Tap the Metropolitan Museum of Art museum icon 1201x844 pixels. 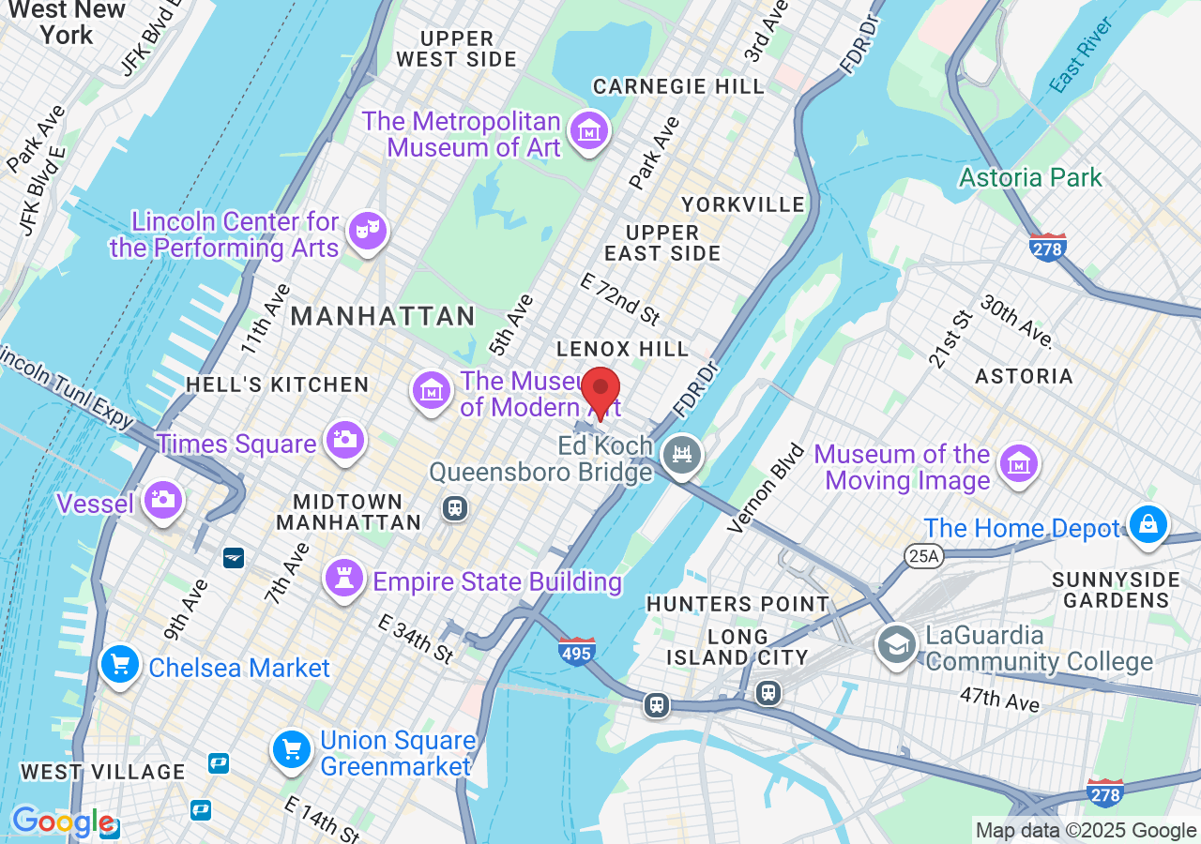pos(589,131)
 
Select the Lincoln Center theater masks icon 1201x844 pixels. pos(367,231)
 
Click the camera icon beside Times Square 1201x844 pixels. pos(344,440)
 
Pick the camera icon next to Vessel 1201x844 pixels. pos(163,499)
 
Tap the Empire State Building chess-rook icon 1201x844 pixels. pos(344,578)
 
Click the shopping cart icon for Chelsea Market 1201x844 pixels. pos(120,666)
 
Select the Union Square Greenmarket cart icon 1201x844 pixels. pos(292,749)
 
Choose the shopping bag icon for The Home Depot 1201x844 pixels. pos(1148,524)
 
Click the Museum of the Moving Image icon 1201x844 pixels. pos(1018,463)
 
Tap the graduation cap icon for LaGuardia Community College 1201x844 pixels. pos(897,645)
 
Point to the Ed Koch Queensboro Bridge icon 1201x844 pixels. pos(682,456)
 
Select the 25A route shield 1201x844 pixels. pos(922,557)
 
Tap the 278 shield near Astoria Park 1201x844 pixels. pos(1047,248)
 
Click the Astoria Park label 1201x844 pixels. pos(1030,177)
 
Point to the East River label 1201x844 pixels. pos(1081,55)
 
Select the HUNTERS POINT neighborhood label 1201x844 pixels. pos(737,604)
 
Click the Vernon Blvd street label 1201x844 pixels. pos(767,489)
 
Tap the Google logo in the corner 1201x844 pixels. pos(62,822)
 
